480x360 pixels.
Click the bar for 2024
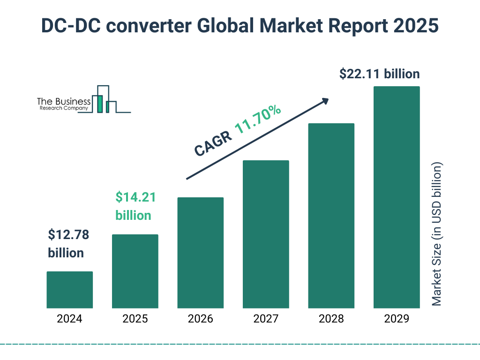(x=69, y=290)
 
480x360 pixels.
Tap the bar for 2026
(x=200, y=253)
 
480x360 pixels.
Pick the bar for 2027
(x=266, y=234)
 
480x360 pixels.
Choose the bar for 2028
(x=331, y=216)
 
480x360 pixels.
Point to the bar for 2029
(x=397, y=197)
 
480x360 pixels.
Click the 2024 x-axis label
(x=69, y=319)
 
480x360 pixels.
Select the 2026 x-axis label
(x=200, y=319)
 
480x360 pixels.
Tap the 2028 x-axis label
(x=331, y=319)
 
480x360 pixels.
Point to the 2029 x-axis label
(x=397, y=319)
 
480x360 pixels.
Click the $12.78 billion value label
(x=68, y=244)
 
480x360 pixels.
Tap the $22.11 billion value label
(x=379, y=74)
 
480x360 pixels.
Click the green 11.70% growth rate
(x=257, y=120)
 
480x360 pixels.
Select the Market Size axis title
(x=437, y=234)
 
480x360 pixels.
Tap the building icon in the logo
(x=104, y=99)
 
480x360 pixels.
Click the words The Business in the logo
(x=64, y=101)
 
